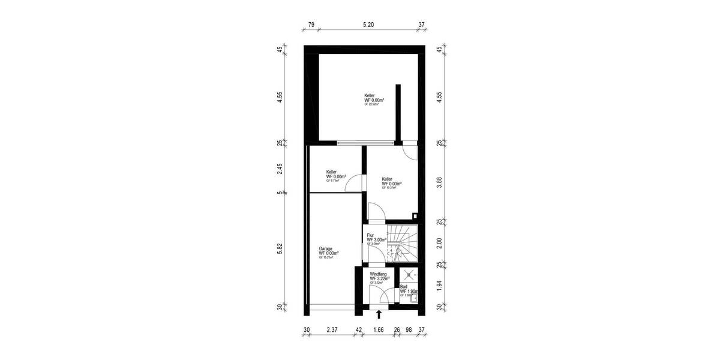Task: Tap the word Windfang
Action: tap(379, 274)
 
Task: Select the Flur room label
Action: tap(370, 235)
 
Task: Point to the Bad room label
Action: tap(403, 287)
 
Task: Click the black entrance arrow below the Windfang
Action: tap(379, 313)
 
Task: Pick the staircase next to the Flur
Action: tap(401, 244)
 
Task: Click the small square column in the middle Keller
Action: tap(414, 217)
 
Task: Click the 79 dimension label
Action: tap(311, 25)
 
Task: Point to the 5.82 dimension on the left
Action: tap(280, 249)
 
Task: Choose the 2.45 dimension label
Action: tap(280, 169)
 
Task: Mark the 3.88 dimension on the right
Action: tap(440, 182)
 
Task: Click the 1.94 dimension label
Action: tap(440, 285)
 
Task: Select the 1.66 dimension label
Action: tap(379, 329)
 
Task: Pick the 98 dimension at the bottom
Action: tap(409, 329)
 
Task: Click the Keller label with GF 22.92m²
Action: tap(370, 96)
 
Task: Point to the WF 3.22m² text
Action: tap(380, 278)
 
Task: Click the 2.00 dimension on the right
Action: tap(440, 243)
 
